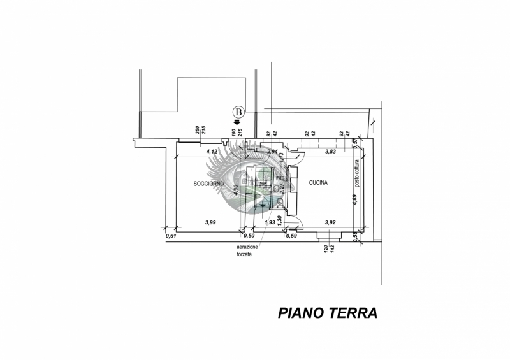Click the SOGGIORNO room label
pyautogui.click(x=210, y=184)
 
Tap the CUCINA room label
pyautogui.click(x=318, y=183)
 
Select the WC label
pyautogui.click(x=279, y=177)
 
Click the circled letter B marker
pyautogui.click(x=239, y=113)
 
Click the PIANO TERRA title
pyautogui.click(x=328, y=313)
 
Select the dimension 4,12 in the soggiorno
pyautogui.click(x=212, y=152)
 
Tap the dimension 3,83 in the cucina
pyautogui.click(x=330, y=152)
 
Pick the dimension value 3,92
pyautogui.click(x=330, y=222)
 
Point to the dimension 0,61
pyautogui.click(x=170, y=236)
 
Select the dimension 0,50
pyautogui.click(x=250, y=236)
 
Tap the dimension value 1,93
pyautogui.click(x=270, y=222)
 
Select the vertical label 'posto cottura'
pyautogui.click(x=358, y=174)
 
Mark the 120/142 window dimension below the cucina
pyautogui.click(x=328, y=249)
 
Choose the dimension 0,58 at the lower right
pyautogui.click(x=355, y=236)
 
